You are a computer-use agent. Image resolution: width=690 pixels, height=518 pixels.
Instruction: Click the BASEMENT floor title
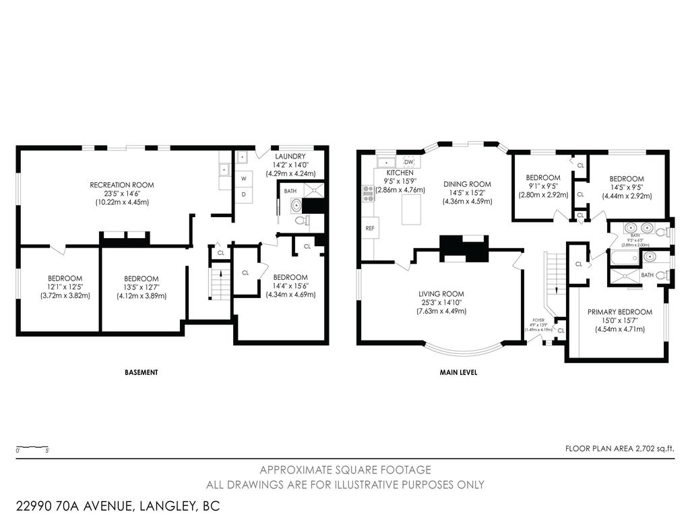(142, 372)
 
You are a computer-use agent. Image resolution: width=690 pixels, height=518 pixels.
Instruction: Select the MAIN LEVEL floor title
(458, 372)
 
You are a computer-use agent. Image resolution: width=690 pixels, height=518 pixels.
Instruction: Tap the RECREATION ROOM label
(122, 185)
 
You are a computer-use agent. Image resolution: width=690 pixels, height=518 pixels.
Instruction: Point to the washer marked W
(244, 179)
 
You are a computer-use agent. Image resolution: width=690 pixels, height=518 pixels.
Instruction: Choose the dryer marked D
(244, 194)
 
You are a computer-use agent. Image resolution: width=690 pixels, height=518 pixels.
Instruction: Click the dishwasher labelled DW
(408, 162)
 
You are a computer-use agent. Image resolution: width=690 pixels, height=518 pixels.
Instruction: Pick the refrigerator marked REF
(370, 228)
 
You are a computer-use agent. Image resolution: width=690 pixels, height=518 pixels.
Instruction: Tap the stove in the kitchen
(369, 194)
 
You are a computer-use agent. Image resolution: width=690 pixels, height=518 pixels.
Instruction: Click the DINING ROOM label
(467, 184)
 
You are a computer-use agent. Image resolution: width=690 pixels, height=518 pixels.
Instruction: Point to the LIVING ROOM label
(441, 293)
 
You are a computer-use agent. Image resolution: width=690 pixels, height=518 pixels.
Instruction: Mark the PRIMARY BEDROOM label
(620, 312)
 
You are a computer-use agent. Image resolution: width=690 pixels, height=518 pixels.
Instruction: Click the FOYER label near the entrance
(537, 321)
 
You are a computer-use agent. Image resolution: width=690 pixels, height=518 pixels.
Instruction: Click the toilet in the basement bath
(307, 220)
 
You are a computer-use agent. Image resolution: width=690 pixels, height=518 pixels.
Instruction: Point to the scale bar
(32, 447)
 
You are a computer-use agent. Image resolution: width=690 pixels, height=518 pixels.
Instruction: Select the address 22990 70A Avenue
(117, 505)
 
